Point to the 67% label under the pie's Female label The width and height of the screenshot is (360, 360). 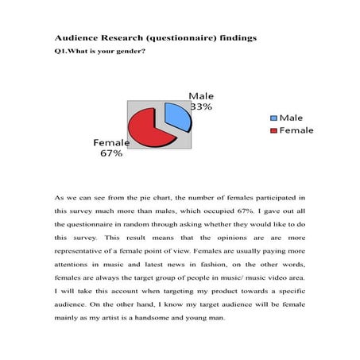coord(111,153)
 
